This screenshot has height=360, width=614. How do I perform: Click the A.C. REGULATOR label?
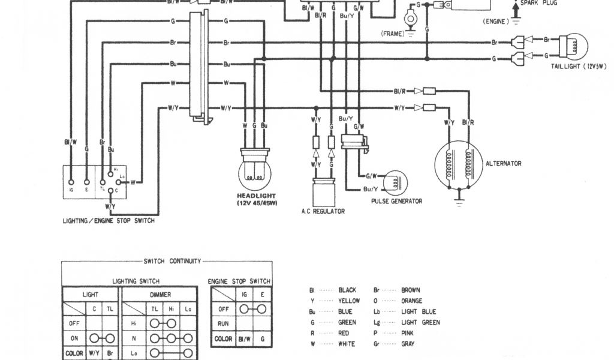tap(323, 211)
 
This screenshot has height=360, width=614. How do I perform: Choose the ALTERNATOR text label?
tap(504, 163)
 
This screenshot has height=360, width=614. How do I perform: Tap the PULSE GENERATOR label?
tap(396, 201)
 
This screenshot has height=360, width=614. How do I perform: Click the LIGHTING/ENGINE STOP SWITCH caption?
tap(109, 221)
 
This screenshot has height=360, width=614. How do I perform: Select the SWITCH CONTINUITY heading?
tap(171, 261)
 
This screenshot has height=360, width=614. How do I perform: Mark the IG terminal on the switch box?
tap(71, 181)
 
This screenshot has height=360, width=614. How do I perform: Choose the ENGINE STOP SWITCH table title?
tap(239, 281)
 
